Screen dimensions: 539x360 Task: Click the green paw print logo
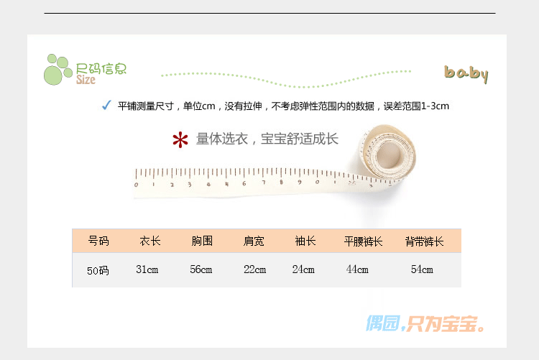[57, 68]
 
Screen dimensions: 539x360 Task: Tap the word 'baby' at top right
[466, 73]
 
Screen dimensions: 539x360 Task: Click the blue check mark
[106, 106]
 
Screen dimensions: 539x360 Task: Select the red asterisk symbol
[180, 140]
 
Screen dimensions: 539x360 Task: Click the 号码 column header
[98, 241]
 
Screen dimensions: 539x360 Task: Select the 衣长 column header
[150, 241]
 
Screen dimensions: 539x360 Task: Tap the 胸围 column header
[202, 241]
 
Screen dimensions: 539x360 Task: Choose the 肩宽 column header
[254, 241]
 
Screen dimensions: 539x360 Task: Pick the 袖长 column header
[305, 241]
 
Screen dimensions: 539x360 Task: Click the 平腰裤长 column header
[364, 241]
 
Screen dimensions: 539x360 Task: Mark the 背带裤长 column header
[424, 241]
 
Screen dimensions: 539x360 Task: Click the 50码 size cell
[98, 271]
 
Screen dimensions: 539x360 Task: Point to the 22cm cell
[254, 270]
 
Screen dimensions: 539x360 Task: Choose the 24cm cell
[303, 270]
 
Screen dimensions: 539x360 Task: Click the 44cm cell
[357, 270]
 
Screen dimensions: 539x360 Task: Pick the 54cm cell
[422, 270]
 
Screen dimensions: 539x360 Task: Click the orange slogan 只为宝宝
[446, 324]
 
